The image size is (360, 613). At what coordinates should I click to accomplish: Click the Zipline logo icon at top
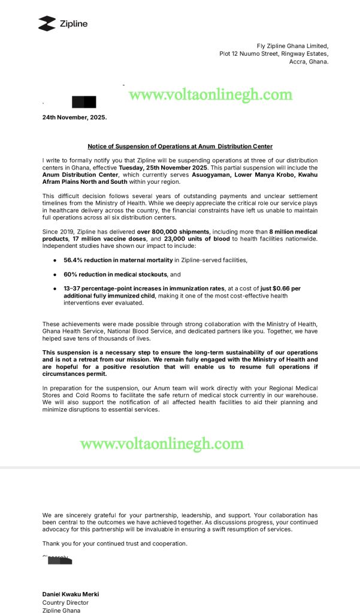tap(47, 23)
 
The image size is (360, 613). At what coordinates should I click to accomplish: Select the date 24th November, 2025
tap(74, 117)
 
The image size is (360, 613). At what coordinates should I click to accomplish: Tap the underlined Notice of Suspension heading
tap(180, 146)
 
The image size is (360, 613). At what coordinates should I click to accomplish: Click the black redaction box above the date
tap(84, 102)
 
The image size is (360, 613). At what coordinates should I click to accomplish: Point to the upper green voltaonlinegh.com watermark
tap(211, 95)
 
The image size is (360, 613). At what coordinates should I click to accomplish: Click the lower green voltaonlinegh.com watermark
tap(162, 444)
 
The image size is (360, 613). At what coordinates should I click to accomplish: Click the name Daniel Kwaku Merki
tap(71, 594)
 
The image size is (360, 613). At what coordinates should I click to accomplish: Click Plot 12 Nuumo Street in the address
tap(249, 54)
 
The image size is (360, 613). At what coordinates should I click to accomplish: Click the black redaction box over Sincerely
tap(60, 561)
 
